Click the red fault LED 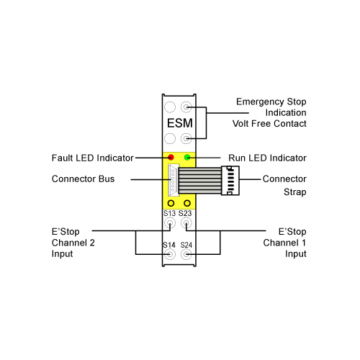click(171, 158)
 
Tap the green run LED click(187, 158)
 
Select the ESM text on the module click(180, 123)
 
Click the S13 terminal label click(169, 213)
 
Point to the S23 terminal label click(185, 213)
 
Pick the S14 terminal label click(169, 245)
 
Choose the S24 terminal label click(186, 245)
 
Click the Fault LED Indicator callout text click(93, 158)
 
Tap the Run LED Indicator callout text click(267, 158)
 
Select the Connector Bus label click(83, 179)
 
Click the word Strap click(295, 192)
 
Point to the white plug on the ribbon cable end click(230, 181)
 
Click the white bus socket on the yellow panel click(174, 180)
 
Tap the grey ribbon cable click(199, 181)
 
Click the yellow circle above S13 click(171, 203)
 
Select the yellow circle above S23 click(187, 203)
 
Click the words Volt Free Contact click(269, 124)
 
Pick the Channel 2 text click(73, 243)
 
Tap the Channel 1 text click(284, 243)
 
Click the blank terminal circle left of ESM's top click(170, 107)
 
